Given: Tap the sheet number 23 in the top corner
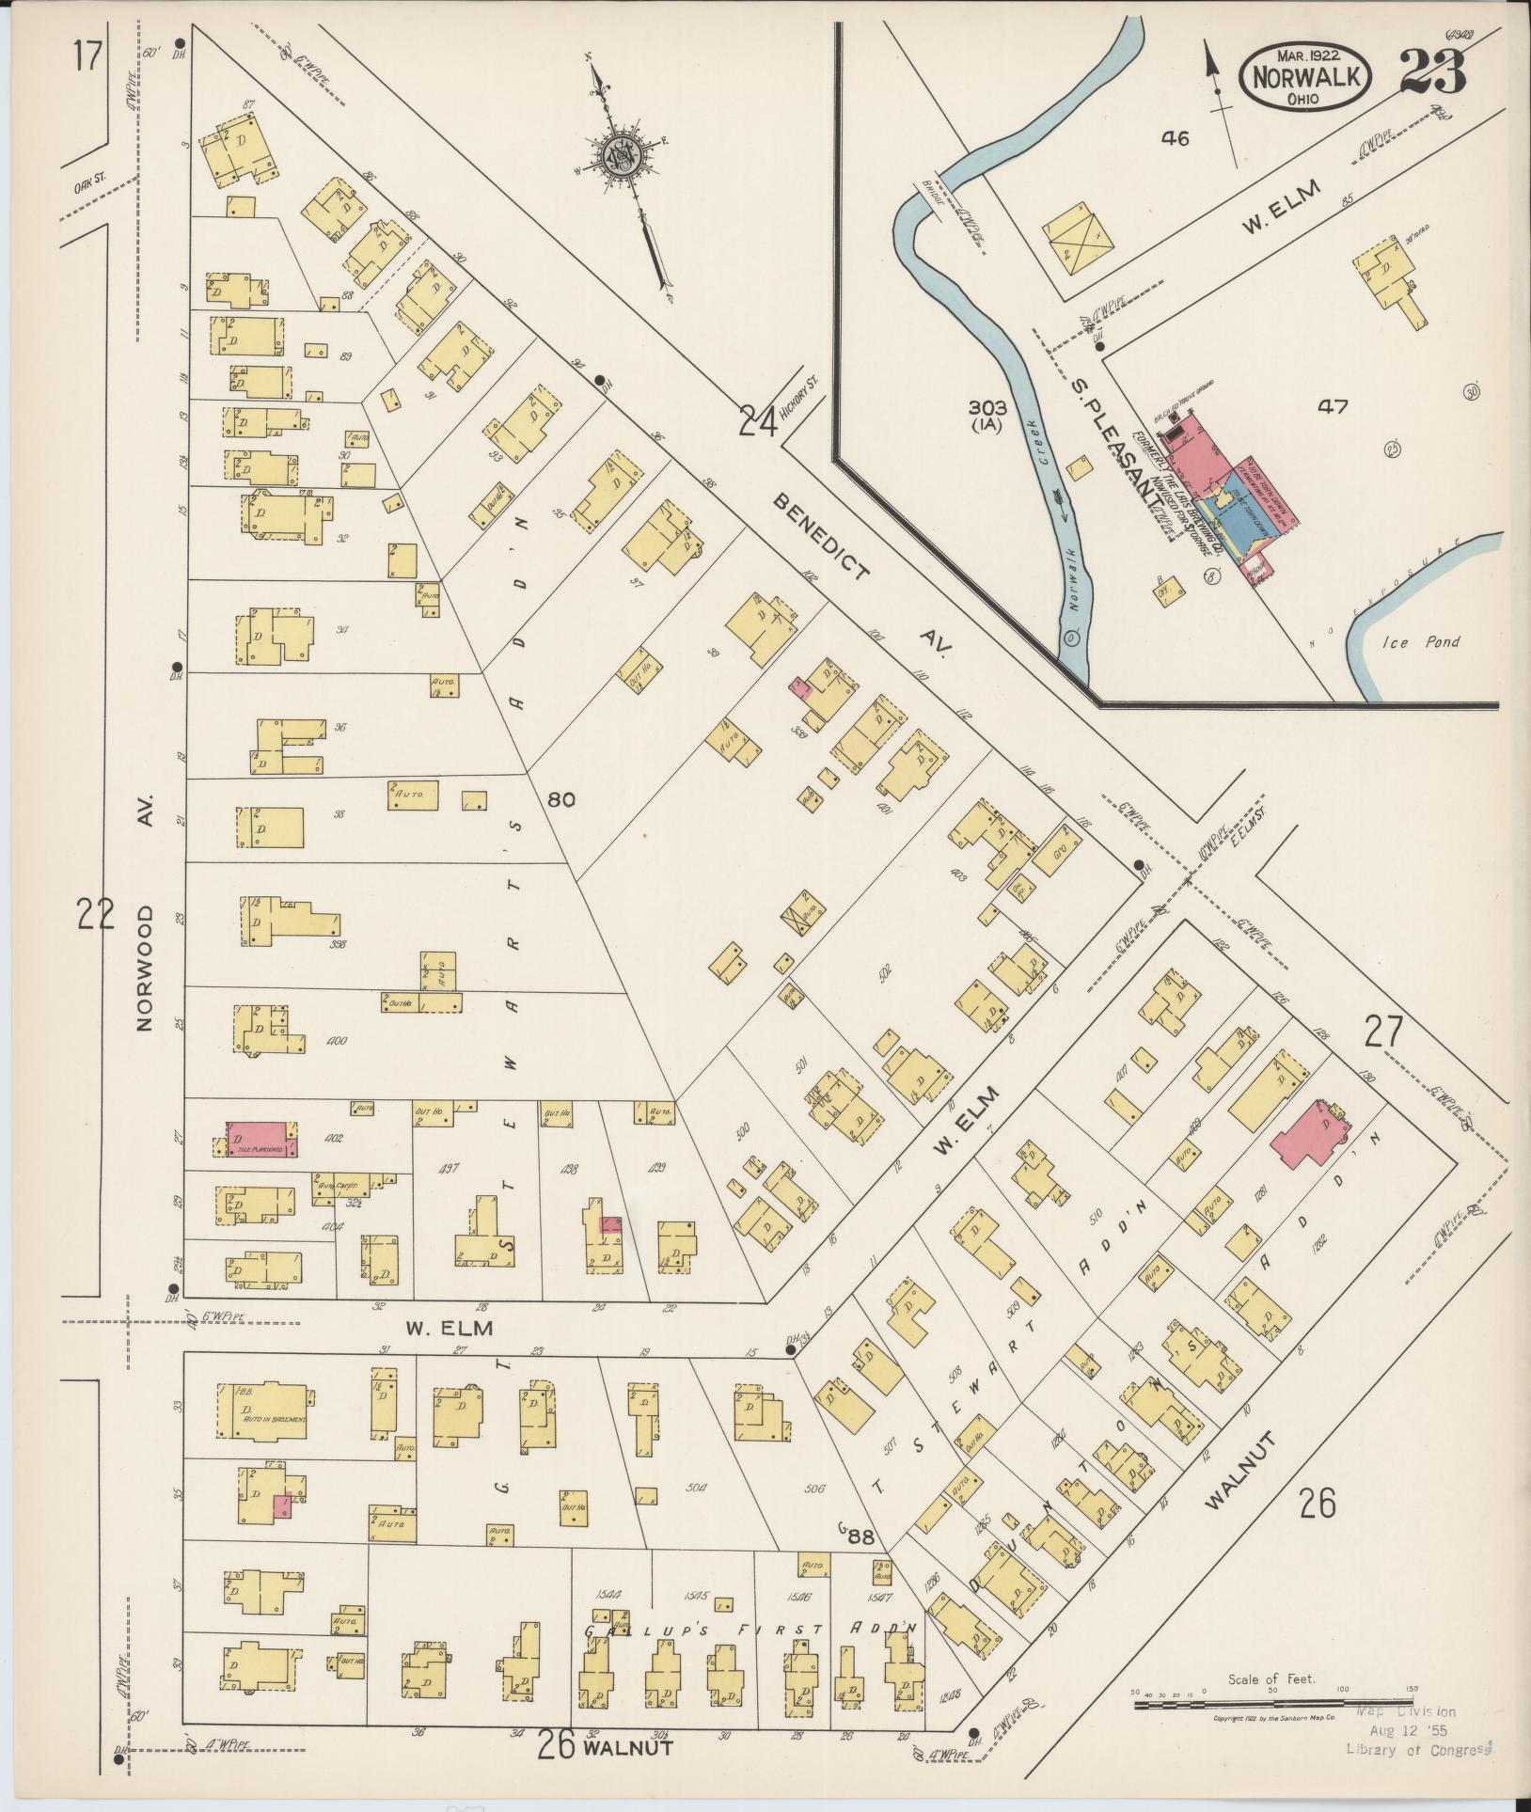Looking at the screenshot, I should (1431, 71).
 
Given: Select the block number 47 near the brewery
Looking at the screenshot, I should (1333, 406).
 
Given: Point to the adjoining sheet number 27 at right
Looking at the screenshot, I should (1383, 1033).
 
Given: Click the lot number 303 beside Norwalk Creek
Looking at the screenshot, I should (987, 407).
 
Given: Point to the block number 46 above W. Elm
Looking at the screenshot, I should (1175, 138).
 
